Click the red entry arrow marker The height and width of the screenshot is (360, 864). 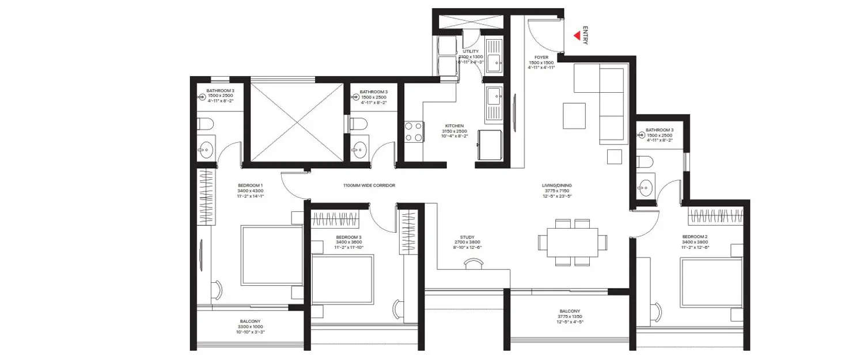(577, 35)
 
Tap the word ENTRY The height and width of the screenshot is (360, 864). (586, 35)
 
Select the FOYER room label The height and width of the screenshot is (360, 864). (541, 57)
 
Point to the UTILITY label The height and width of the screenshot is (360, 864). (471, 51)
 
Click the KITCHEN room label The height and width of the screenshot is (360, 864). (454, 126)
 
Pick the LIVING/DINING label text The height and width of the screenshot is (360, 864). (557, 185)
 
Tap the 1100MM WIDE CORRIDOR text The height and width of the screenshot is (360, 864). (369, 185)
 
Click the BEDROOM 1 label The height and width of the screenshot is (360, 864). (250, 185)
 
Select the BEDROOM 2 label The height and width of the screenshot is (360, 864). (695, 237)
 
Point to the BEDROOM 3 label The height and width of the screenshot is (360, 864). (349, 237)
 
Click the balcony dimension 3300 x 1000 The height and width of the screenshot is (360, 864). (250, 327)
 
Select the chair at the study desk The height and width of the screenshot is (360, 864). (473, 263)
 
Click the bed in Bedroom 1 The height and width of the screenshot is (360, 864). (271, 253)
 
